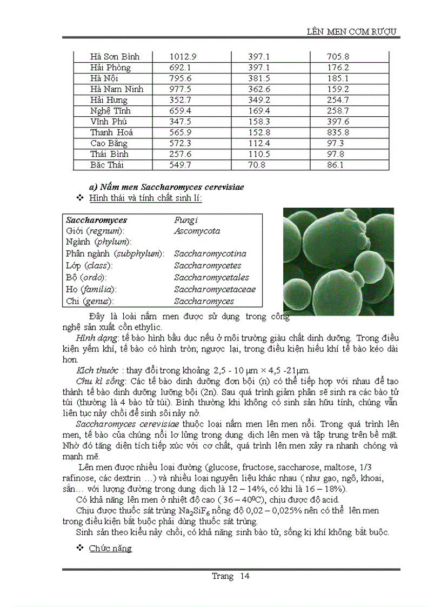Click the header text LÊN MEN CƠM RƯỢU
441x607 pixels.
tap(352, 31)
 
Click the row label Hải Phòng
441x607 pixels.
tap(110, 68)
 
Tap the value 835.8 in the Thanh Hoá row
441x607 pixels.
tap(338, 132)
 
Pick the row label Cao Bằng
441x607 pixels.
tap(109, 143)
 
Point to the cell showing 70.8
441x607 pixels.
tap(257, 165)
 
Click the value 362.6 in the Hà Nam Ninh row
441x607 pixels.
tap(259, 89)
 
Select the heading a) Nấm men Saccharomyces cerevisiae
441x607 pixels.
tap(166, 187)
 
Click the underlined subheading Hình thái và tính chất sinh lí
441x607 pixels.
tap(145, 199)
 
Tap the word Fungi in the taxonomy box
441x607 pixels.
tap(186, 220)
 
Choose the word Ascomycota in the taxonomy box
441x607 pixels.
tap(197, 231)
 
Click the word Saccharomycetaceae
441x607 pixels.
tap(215, 290)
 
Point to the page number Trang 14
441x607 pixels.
tap(231, 576)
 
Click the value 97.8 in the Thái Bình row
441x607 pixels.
tap(335, 154)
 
